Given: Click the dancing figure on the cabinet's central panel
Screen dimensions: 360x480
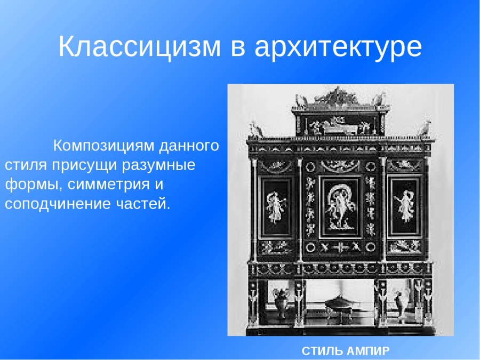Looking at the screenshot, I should tap(340, 204).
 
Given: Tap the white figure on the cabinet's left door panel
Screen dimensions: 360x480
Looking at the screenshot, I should tap(275, 206).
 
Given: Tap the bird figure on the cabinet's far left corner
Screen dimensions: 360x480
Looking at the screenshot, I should tap(256, 129).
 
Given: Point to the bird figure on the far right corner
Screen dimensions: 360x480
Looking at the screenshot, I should tap(425, 129).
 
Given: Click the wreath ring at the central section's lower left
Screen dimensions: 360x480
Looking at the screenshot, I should tap(311, 247).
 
